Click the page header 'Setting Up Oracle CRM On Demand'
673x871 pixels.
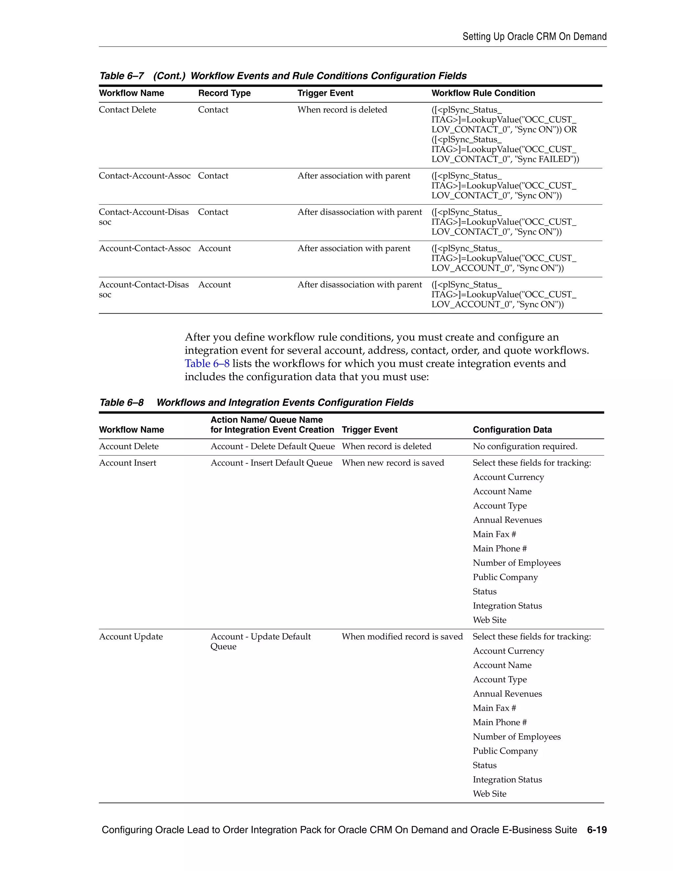(x=534, y=37)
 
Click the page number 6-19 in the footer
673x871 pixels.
(x=596, y=830)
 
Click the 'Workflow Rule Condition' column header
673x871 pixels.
(x=483, y=93)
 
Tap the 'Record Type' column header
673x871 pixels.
(x=224, y=93)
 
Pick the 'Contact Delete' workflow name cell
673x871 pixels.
(x=127, y=110)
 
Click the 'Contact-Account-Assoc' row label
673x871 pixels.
(x=144, y=176)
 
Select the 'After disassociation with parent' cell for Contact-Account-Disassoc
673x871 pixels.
(x=359, y=212)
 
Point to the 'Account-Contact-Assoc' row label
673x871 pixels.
(x=144, y=248)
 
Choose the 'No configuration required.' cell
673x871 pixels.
(x=525, y=446)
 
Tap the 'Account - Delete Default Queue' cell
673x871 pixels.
(x=272, y=446)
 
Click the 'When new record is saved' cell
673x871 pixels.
(x=392, y=463)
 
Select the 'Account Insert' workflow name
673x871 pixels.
(x=127, y=463)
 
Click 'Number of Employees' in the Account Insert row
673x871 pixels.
(x=516, y=563)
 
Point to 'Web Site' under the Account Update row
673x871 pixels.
(x=489, y=794)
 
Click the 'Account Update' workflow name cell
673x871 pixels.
(x=130, y=637)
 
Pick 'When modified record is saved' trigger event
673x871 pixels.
(x=402, y=637)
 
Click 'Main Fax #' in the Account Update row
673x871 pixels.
(x=494, y=708)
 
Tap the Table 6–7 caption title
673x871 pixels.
(x=283, y=76)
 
